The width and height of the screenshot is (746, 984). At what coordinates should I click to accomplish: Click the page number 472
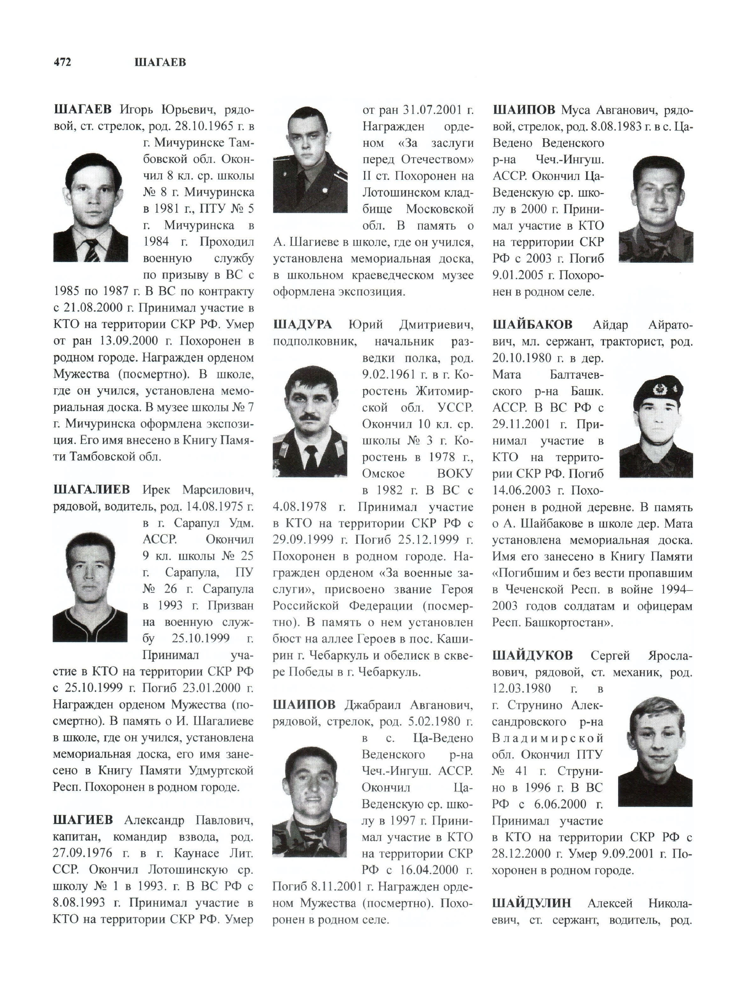62,62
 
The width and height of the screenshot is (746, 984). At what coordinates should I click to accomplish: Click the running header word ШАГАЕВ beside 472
160,62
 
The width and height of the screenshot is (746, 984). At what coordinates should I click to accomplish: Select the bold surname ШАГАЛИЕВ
92,490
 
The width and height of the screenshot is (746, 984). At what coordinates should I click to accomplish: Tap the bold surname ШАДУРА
303,325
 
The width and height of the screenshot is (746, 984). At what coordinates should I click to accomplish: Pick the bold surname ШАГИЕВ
83,820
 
